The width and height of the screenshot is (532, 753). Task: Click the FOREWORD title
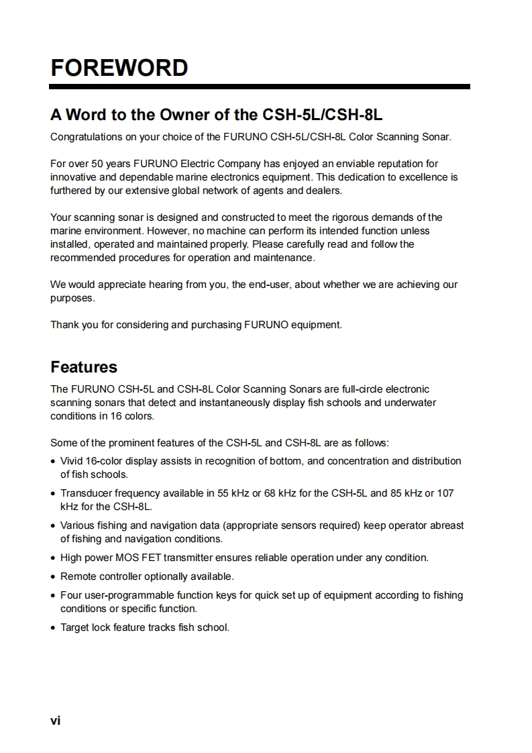(119, 68)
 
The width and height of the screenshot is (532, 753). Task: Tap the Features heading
(84, 367)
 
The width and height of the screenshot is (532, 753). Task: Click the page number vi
(55, 721)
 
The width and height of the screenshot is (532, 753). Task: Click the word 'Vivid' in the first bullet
(71, 461)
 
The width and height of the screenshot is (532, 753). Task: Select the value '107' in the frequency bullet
(445, 493)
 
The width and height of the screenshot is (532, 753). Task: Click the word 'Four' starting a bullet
(70, 595)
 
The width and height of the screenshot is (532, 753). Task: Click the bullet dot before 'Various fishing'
(53, 525)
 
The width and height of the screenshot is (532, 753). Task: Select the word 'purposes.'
(72, 298)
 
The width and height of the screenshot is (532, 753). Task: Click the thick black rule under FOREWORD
(260, 87)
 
